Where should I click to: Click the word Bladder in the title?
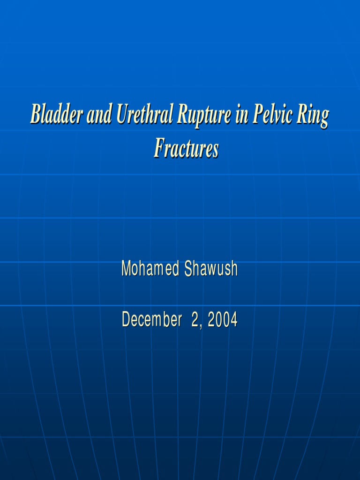[57, 115]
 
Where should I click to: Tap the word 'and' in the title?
[99, 115]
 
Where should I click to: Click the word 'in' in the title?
[241, 115]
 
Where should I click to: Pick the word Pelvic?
[272, 115]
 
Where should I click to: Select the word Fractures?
[187, 149]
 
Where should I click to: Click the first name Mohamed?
[150, 269]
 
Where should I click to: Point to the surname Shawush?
[211, 269]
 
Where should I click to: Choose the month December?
[151, 320]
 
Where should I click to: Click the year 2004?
[223, 320]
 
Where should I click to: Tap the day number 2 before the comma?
[195, 320]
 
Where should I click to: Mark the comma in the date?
[201, 324]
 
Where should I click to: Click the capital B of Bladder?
[35, 115]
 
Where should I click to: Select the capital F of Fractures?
[159, 149]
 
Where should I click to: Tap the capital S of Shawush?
[188, 269]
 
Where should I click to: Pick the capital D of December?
[126, 320]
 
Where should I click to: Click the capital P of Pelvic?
[257, 115]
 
